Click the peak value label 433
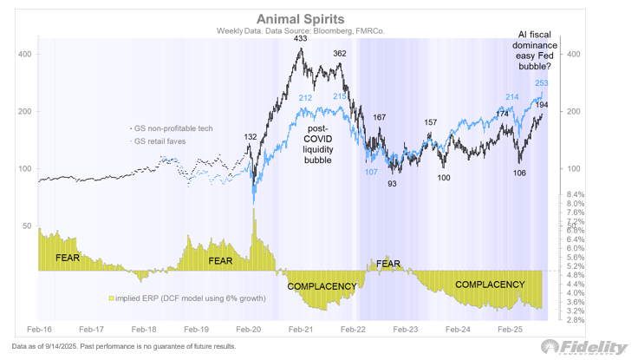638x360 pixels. (x=303, y=38)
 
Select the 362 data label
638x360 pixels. (x=340, y=54)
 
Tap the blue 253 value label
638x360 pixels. (x=542, y=83)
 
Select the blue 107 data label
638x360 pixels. (x=372, y=172)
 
